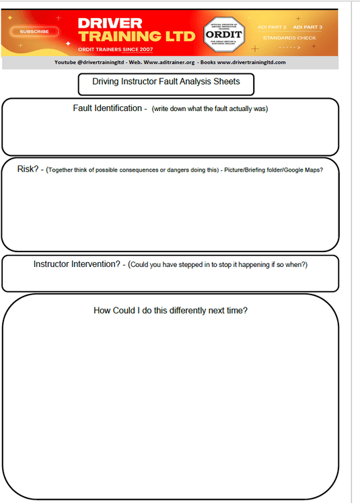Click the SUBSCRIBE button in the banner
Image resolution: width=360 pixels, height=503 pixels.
[34, 31]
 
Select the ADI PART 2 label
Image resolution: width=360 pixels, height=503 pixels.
[272, 27]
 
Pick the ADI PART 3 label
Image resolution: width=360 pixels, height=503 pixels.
[308, 27]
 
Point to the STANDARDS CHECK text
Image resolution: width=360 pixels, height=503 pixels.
[289, 38]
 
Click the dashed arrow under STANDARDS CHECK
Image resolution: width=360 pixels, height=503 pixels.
[289, 48]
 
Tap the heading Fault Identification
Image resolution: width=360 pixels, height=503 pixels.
[107, 108]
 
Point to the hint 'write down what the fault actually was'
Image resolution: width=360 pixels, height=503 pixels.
[210, 109]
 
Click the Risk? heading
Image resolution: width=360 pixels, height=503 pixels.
[29, 169]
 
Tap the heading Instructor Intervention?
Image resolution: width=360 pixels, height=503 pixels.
[76, 264]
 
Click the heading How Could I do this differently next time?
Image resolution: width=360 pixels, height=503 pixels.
[170, 311]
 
